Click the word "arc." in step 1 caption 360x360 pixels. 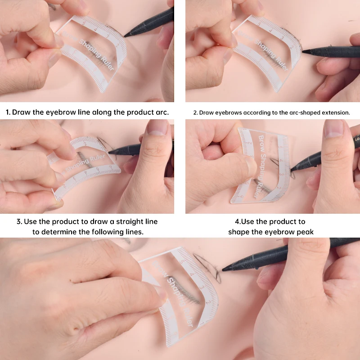click(x=161, y=112)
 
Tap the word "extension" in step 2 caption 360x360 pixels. click(x=333, y=112)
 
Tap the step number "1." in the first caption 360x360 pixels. click(x=8, y=112)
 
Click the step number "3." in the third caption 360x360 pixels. click(x=20, y=221)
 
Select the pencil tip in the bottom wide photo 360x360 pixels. click(x=224, y=269)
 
